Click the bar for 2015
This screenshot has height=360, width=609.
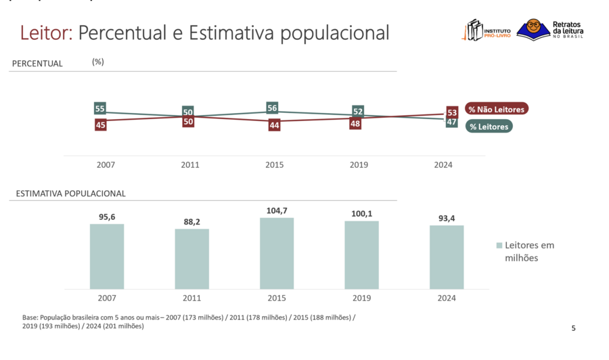277,253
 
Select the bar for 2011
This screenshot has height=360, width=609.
191,258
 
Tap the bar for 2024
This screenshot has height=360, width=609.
447,257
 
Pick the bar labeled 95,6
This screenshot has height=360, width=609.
107,256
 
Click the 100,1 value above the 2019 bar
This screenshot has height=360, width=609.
361,214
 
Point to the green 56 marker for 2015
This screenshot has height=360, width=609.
273,108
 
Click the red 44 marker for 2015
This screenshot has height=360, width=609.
274,125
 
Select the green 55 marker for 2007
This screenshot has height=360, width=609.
100,109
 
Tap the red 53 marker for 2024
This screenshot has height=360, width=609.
452,112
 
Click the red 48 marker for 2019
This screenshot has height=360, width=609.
355,124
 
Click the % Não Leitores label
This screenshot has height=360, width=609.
496,109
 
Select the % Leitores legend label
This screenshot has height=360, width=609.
489,127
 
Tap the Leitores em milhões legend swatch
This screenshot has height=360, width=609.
499,246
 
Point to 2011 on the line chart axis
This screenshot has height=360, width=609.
190,165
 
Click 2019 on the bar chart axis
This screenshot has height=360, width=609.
361,298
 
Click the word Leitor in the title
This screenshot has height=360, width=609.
45,32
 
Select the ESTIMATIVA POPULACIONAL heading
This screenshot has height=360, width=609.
71,194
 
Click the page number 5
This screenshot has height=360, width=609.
574,329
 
